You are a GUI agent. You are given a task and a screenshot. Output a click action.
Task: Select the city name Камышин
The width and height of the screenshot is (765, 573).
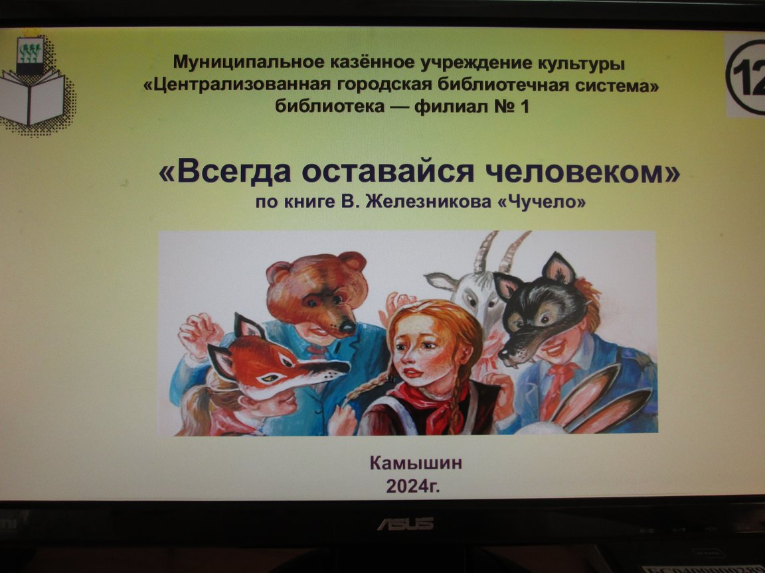[416, 462]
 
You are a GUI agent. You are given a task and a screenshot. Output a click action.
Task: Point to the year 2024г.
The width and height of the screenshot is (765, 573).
[413, 485]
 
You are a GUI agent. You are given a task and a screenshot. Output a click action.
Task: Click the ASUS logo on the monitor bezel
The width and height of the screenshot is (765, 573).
[406, 524]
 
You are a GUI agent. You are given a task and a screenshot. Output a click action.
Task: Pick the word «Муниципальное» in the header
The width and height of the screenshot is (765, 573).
[249, 63]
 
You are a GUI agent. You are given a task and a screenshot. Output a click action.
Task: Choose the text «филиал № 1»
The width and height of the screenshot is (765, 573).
[471, 106]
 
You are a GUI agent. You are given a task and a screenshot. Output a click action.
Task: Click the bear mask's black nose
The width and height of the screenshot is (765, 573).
[347, 326]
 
